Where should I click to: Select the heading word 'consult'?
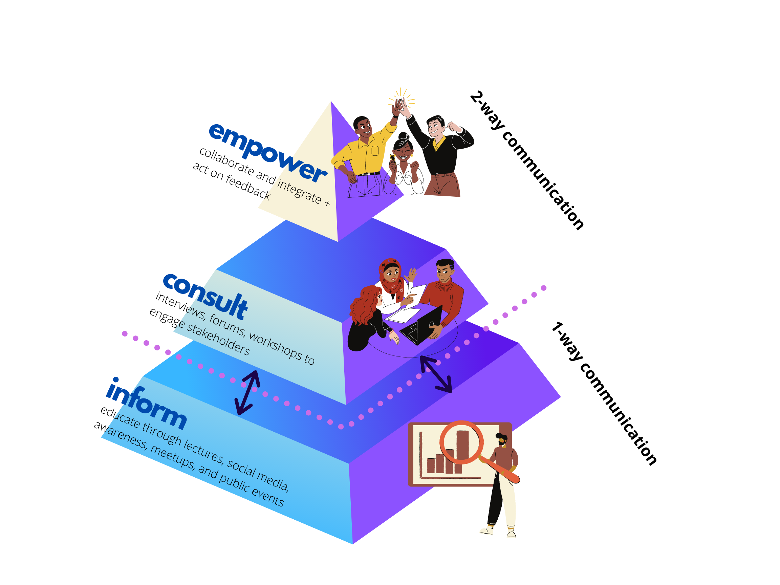click(205, 296)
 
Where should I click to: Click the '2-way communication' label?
click(527, 160)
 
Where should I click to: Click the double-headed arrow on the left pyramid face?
click(248, 392)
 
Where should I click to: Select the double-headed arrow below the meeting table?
click(436, 374)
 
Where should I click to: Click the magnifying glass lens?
click(461, 442)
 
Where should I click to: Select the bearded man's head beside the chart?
click(501, 439)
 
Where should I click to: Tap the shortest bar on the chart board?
click(431, 465)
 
